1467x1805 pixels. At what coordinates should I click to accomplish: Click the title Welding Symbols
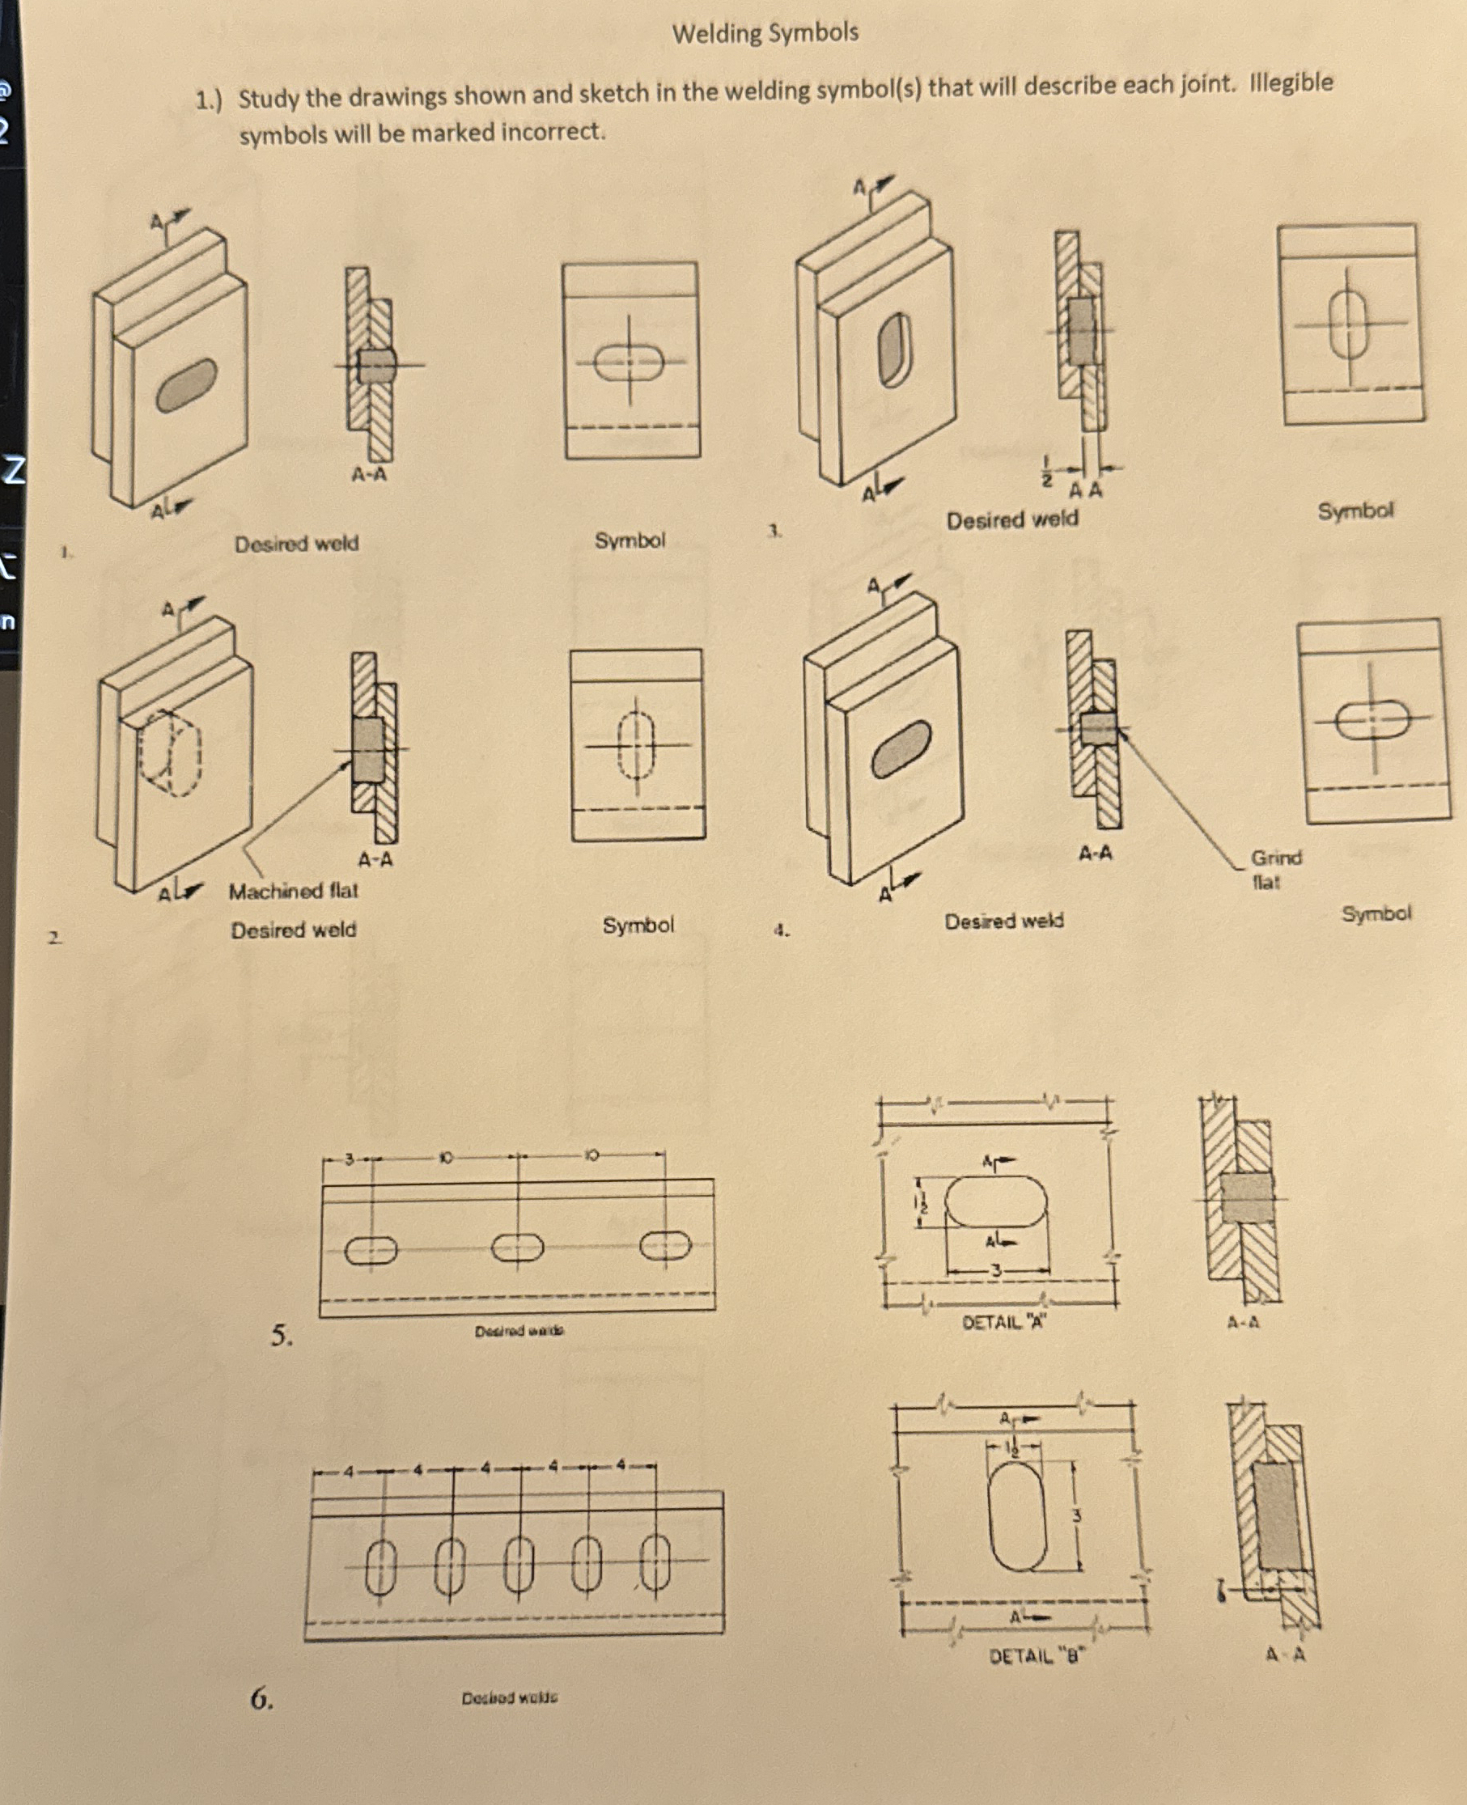[x=765, y=34]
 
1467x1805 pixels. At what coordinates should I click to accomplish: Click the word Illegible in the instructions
[x=1291, y=83]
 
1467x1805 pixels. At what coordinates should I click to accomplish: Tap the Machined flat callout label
[x=293, y=891]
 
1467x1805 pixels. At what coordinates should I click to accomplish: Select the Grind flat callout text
[x=1275, y=869]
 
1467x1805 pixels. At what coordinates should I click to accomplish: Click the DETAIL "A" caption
[x=1003, y=1323]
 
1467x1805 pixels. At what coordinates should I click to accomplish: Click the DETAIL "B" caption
[x=1036, y=1655]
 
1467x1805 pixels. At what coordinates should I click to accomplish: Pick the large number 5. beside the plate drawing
[x=282, y=1334]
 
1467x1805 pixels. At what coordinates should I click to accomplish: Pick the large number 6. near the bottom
[x=261, y=1697]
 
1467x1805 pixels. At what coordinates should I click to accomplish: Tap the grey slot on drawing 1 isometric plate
[x=186, y=384]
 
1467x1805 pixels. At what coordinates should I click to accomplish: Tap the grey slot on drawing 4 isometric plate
[x=901, y=748]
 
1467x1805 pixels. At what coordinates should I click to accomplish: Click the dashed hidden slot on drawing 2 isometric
[x=172, y=752]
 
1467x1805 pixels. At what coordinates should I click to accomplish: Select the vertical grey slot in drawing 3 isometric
[x=896, y=348]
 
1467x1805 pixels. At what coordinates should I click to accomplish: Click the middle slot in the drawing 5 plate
[x=517, y=1248]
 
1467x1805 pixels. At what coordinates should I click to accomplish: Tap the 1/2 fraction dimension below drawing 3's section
[x=1046, y=471]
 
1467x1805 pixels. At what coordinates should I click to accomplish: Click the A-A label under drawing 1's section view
[x=369, y=474]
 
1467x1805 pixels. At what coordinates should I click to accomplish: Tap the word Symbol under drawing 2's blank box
[x=638, y=925]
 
